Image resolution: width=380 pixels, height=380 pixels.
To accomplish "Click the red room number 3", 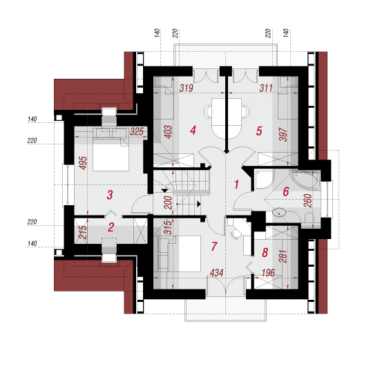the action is tap(110, 195).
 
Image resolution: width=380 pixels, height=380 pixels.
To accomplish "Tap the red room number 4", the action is tap(193, 131).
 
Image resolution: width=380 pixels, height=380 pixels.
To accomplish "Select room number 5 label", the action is tap(259, 131).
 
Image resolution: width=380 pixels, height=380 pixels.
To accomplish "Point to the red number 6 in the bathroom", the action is tap(286, 191).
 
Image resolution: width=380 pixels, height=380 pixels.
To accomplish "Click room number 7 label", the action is tap(213, 246).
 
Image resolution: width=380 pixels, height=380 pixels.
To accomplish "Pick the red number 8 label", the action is tap(265, 252).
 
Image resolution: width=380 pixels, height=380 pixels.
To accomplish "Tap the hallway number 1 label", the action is tap(236, 184).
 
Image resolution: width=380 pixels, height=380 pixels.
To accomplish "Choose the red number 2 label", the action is tap(111, 227).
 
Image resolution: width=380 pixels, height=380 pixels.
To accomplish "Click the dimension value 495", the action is tap(83, 163).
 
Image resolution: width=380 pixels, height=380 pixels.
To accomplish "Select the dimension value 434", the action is tap(216, 273).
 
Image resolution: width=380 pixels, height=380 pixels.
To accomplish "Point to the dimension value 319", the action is tap(187, 88).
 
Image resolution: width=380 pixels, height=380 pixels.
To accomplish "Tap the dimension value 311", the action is tap(266, 88).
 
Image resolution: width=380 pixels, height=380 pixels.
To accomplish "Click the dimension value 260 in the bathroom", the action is tap(307, 200).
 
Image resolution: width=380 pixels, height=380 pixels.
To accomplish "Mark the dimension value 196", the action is tap(268, 273).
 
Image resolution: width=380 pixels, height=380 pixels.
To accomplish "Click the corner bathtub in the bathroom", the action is tap(305, 179).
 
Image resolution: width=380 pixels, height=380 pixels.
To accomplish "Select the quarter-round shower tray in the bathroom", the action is tap(264, 180).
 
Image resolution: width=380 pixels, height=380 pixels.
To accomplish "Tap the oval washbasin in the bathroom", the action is tap(279, 213).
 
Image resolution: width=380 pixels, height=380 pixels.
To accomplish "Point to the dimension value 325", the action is tap(137, 131).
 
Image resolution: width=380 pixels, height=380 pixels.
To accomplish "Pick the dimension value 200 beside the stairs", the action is tap(168, 202).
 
